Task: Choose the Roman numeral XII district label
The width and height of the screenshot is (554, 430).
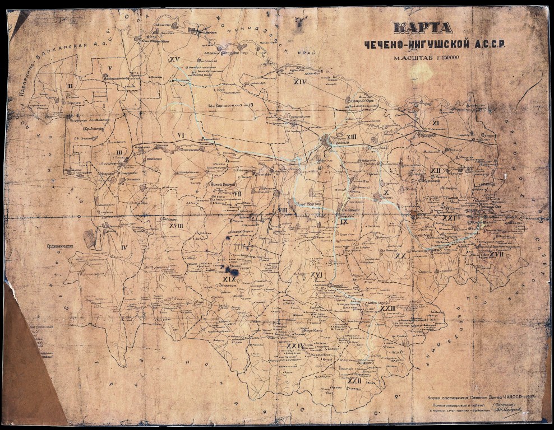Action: (x=435, y=170)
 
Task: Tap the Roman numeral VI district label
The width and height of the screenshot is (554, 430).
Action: (x=181, y=135)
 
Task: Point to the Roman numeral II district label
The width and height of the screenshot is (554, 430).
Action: (x=70, y=86)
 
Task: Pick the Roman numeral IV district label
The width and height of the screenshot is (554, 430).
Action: (x=124, y=247)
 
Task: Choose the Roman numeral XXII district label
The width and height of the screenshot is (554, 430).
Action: (x=353, y=381)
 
